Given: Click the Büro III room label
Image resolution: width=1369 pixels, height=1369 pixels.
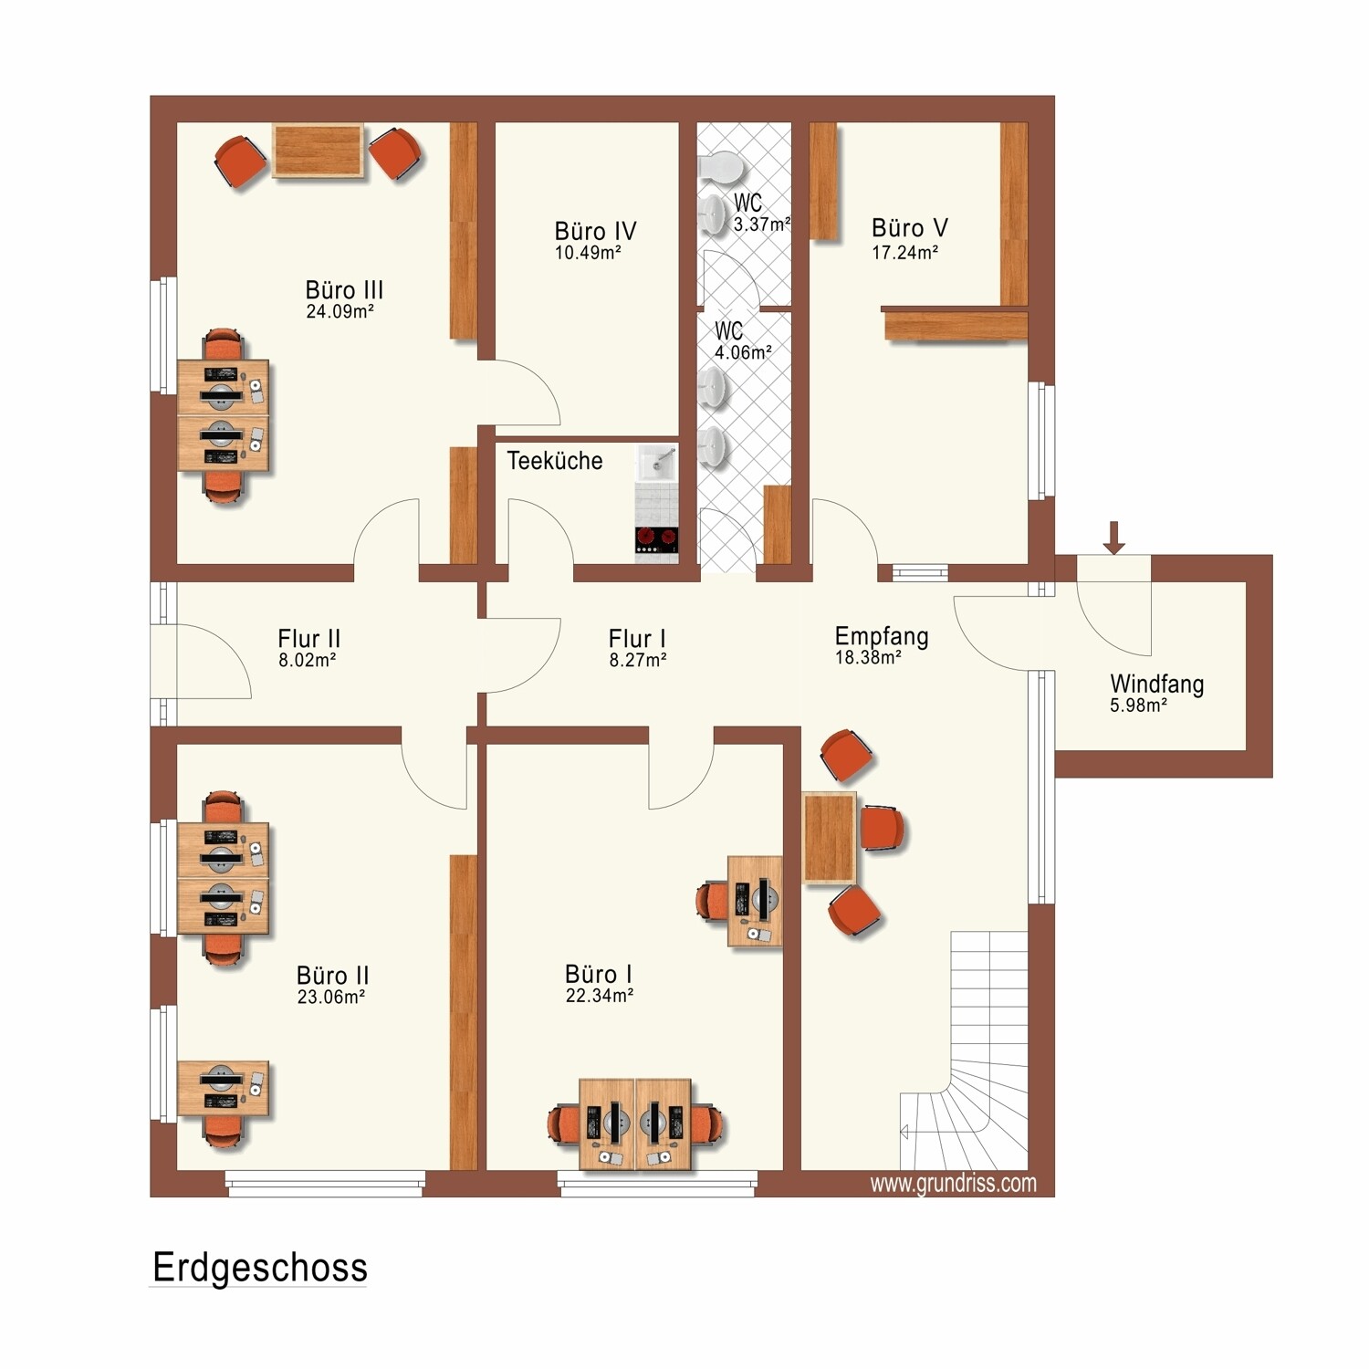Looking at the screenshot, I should tap(344, 290).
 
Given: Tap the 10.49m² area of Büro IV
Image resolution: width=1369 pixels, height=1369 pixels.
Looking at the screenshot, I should tap(588, 254).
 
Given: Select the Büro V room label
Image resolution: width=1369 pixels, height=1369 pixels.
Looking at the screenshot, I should tap(909, 228).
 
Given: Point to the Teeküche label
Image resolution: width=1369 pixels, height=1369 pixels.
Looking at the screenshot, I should tap(555, 461).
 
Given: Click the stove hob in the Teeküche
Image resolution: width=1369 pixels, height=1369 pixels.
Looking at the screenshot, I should tap(657, 539).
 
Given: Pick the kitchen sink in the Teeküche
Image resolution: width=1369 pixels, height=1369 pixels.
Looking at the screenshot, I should tap(657, 463).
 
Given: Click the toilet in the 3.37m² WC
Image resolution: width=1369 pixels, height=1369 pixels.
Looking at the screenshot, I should tap(719, 167).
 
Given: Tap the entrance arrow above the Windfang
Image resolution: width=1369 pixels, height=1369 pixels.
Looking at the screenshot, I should tap(1113, 538).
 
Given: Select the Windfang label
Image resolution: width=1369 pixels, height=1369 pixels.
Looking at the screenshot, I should tap(1156, 684).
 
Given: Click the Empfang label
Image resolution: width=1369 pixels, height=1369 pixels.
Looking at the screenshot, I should tap(882, 636).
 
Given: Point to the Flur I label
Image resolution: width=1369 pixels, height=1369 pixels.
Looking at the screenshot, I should tap(637, 638).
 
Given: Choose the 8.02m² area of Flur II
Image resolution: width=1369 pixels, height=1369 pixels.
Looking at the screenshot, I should tap(307, 661).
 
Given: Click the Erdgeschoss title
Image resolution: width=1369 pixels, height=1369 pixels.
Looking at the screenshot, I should tap(260, 1268).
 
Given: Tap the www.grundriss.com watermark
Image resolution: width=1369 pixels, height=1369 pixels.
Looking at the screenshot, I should tap(953, 1184).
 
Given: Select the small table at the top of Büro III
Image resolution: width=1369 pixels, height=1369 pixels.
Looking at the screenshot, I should tap(318, 152).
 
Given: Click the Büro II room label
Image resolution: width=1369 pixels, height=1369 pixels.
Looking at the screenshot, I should tap(332, 976).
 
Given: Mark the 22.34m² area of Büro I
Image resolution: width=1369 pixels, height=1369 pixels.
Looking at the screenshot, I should tap(600, 997).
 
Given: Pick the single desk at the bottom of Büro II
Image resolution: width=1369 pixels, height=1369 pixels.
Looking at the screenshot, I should tap(223, 1089).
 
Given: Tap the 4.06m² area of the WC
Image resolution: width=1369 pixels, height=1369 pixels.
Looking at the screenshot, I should tap(743, 353).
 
